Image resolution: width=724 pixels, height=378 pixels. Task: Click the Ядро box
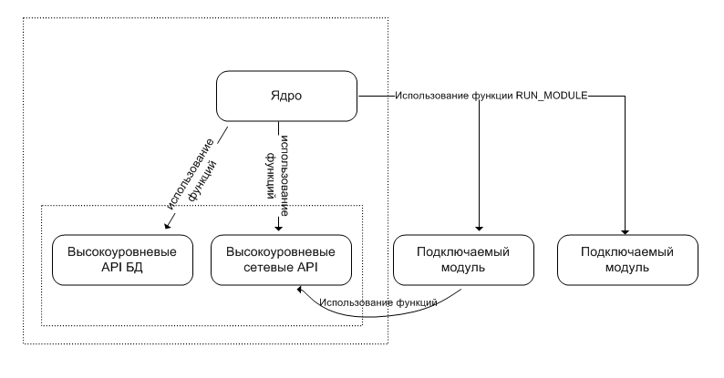pyautogui.click(x=285, y=95)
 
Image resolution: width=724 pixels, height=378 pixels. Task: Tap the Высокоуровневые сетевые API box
pyautogui.click(x=280, y=260)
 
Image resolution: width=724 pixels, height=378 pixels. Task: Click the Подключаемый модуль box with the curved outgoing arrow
pyautogui.click(x=463, y=260)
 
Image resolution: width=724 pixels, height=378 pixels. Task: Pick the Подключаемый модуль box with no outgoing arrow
pyautogui.click(x=627, y=260)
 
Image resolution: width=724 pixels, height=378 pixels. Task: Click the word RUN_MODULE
pyautogui.click(x=551, y=95)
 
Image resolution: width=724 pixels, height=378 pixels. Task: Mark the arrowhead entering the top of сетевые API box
pyautogui.click(x=278, y=230)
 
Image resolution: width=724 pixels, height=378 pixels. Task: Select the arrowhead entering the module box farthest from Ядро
pyautogui.click(x=626, y=230)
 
